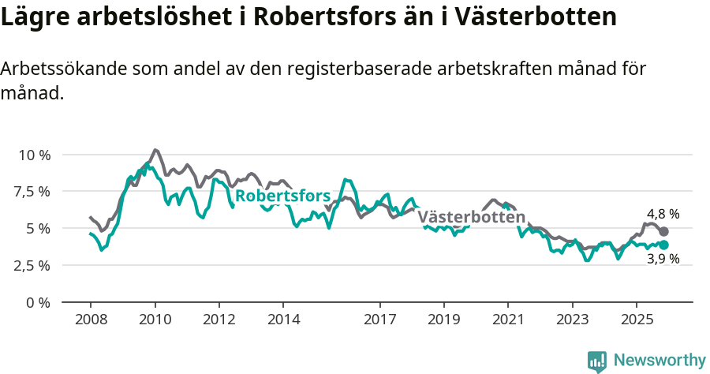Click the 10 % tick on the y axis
[x=33, y=155]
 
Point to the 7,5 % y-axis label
[x=33, y=192]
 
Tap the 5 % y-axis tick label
[x=39, y=229]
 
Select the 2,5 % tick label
[x=33, y=265]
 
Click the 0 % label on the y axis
[x=39, y=302]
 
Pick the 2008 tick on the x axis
[x=90, y=321]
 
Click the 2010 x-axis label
[x=155, y=321]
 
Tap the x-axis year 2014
[x=283, y=321]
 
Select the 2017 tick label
[x=379, y=321]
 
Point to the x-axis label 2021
[x=508, y=321]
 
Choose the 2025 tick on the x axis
[x=637, y=321]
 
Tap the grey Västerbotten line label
[x=471, y=217]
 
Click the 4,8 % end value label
[x=663, y=214]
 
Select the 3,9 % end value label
[x=663, y=259]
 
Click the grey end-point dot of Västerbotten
[x=664, y=231]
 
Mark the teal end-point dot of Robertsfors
[x=664, y=245]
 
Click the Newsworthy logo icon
[x=597, y=361]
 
